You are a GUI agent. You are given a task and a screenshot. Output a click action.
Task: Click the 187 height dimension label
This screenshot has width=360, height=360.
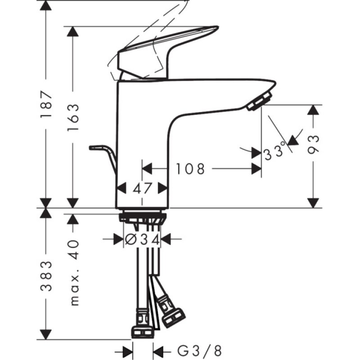pyautogui.click(x=46, y=105)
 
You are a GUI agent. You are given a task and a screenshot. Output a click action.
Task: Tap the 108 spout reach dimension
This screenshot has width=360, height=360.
pyautogui.click(x=190, y=169)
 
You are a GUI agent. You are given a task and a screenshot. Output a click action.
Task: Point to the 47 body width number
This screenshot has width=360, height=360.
pyautogui.click(x=143, y=188)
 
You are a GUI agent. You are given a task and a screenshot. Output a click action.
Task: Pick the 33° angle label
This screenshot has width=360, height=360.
pyautogui.click(x=275, y=151)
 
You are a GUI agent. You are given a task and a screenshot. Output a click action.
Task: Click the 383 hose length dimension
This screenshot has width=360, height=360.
pyautogui.click(x=46, y=275)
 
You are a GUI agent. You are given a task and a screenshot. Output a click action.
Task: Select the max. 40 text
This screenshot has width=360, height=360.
pyautogui.click(x=73, y=272)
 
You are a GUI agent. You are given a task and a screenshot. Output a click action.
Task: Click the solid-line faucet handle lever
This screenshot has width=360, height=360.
pyautogui.click(x=166, y=45)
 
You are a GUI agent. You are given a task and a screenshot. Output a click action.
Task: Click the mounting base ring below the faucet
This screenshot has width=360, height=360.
pyautogui.click(x=143, y=217)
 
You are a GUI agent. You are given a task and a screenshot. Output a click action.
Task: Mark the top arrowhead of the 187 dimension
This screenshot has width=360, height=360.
pyautogui.click(x=46, y=6)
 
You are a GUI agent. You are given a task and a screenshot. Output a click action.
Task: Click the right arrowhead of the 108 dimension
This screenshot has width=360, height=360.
pyautogui.click(x=257, y=169)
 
